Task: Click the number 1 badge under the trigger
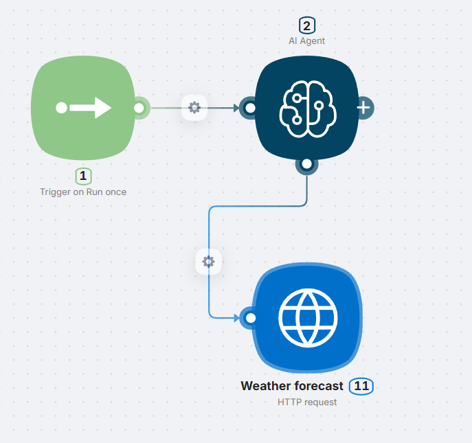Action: click(83, 177)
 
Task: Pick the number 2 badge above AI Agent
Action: click(306, 26)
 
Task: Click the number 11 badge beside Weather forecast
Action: click(361, 386)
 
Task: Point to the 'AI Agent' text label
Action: click(306, 41)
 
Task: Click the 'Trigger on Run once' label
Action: click(83, 192)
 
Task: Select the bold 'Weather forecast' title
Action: click(292, 386)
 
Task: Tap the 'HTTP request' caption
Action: click(307, 402)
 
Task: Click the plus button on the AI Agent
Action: click(364, 108)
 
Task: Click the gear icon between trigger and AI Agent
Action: click(194, 107)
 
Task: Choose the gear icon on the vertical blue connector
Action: click(209, 261)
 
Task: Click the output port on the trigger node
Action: click(139, 108)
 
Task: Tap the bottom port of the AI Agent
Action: click(306, 164)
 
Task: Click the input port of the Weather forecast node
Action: click(250, 317)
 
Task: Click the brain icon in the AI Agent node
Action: click(307, 108)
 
